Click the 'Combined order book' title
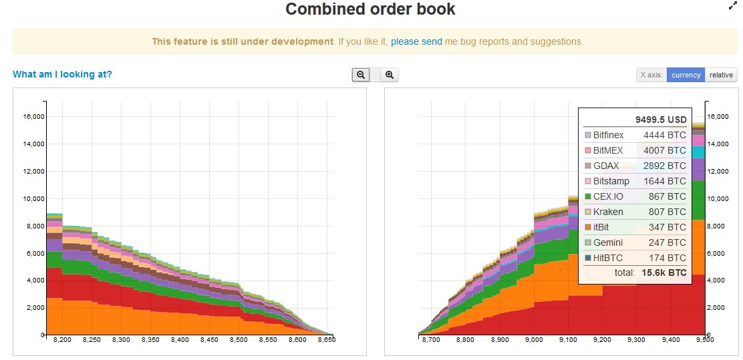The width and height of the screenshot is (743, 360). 370,9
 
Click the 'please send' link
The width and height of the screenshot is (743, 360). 416,41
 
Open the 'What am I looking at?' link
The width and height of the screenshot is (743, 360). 63,74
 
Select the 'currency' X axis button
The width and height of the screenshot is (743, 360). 686,75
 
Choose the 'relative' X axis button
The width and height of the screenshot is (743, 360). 721,75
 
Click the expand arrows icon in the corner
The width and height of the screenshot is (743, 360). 732,6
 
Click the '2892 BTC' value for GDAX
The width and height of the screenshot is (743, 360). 664,166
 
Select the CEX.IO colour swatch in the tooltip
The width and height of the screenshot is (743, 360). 588,196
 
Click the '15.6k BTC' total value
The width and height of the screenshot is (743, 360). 664,273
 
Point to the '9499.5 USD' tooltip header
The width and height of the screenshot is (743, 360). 661,120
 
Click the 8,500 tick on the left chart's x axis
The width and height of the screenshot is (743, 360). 239,340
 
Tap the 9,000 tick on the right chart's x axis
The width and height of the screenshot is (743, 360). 534,340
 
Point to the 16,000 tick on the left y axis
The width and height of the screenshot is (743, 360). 33,116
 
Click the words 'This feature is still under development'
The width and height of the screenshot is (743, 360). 243,41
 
